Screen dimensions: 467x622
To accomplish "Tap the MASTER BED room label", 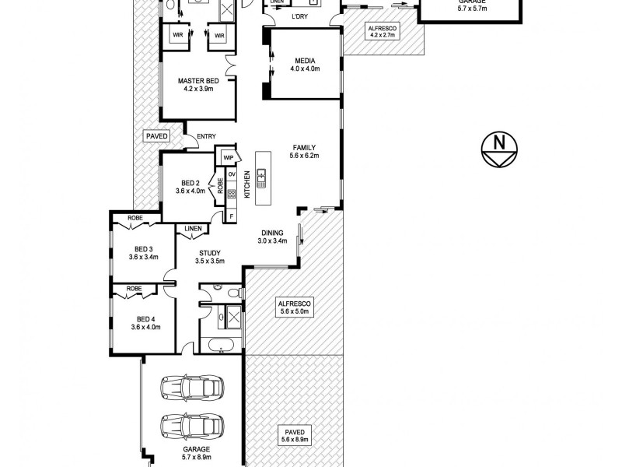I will pyautogui.click(x=197, y=85).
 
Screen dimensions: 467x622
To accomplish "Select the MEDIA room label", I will pyautogui.click(x=305, y=65).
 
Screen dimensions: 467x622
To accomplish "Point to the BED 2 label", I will pyautogui.click(x=190, y=186).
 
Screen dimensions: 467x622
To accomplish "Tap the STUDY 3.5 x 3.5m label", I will pyautogui.click(x=210, y=257).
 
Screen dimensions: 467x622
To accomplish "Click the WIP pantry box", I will pyautogui.click(x=228, y=157).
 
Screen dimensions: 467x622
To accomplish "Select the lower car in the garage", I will pyautogui.click(x=191, y=426).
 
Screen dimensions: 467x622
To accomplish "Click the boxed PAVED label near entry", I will pyautogui.click(x=156, y=136).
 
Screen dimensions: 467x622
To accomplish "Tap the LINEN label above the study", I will pyautogui.click(x=194, y=229).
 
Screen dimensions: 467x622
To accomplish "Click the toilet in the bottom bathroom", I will pyautogui.click(x=230, y=293).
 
